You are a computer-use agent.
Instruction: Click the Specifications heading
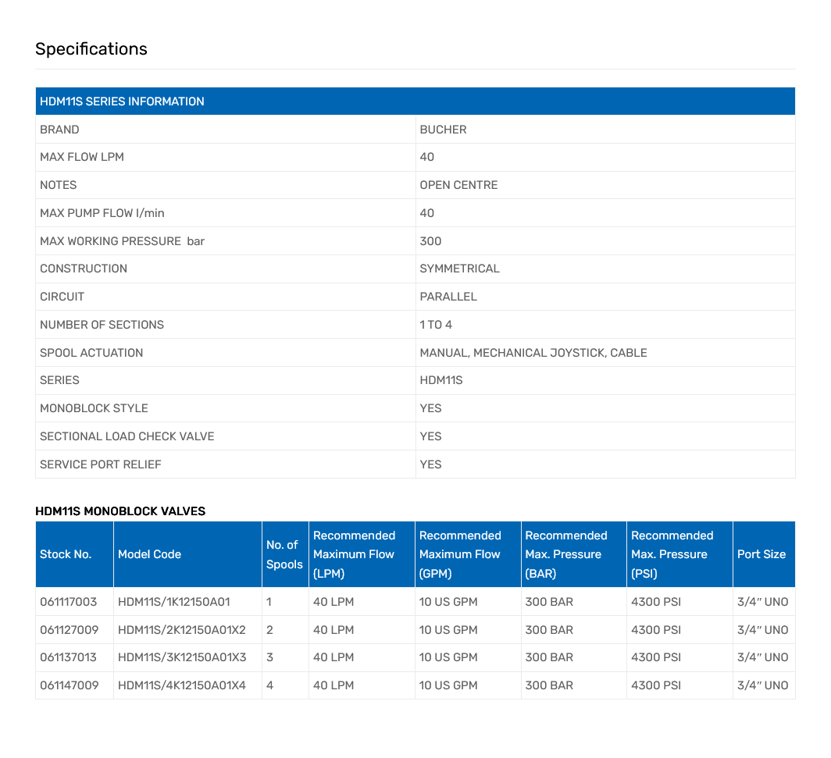point(91,49)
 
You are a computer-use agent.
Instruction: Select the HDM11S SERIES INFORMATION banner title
point(122,101)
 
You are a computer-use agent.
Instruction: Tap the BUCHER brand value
point(443,130)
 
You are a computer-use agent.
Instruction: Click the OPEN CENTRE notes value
point(458,185)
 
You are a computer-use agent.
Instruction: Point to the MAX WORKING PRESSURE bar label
point(122,241)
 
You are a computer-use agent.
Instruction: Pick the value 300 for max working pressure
point(430,241)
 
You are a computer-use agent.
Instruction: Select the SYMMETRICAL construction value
point(459,269)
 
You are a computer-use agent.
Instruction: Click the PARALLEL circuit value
point(448,297)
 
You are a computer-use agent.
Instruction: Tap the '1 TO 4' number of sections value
point(436,325)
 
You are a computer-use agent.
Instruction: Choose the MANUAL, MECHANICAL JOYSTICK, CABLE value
point(533,353)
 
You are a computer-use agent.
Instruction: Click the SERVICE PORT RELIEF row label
point(101,464)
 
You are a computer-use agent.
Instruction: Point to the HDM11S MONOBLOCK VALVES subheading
point(120,511)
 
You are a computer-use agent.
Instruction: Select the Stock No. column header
point(66,554)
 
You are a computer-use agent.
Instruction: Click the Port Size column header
point(761,554)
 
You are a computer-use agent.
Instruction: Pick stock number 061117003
point(69,602)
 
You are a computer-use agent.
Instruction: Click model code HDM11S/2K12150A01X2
point(182,630)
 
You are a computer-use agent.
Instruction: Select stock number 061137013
point(69,657)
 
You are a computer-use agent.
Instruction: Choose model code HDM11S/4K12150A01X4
point(182,685)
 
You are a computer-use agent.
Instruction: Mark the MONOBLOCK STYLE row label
point(94,408)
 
